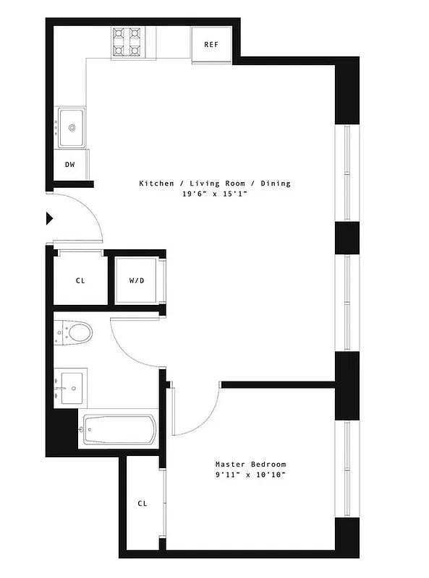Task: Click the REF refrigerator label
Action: point(211,45)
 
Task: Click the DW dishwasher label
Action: point(70,165)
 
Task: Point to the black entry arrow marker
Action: point(50,218)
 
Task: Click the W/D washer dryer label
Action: point(137,280)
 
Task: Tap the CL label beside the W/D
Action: point(80,280)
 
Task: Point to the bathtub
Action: point(119,429)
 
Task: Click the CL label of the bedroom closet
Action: point(143,504)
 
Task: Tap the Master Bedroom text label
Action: point(250,464)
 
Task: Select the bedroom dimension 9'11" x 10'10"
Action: point(250,475)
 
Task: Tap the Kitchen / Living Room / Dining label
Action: point(214,184)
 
